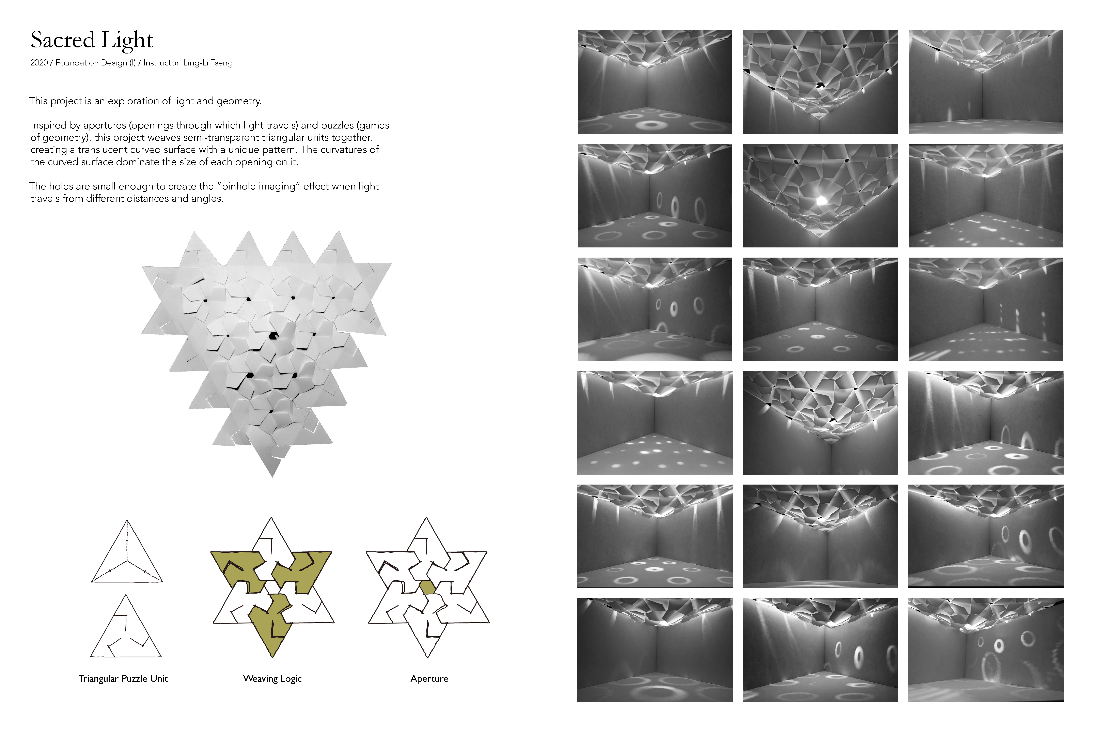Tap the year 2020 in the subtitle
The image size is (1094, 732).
coord(39,63)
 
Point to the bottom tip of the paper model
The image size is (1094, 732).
coord(272,477)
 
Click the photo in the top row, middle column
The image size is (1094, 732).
coord(820,82)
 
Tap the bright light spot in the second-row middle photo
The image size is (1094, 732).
coord(822,201)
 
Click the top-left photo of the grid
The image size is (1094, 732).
coord(655,82)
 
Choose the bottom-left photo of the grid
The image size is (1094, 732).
coord(655,650)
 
